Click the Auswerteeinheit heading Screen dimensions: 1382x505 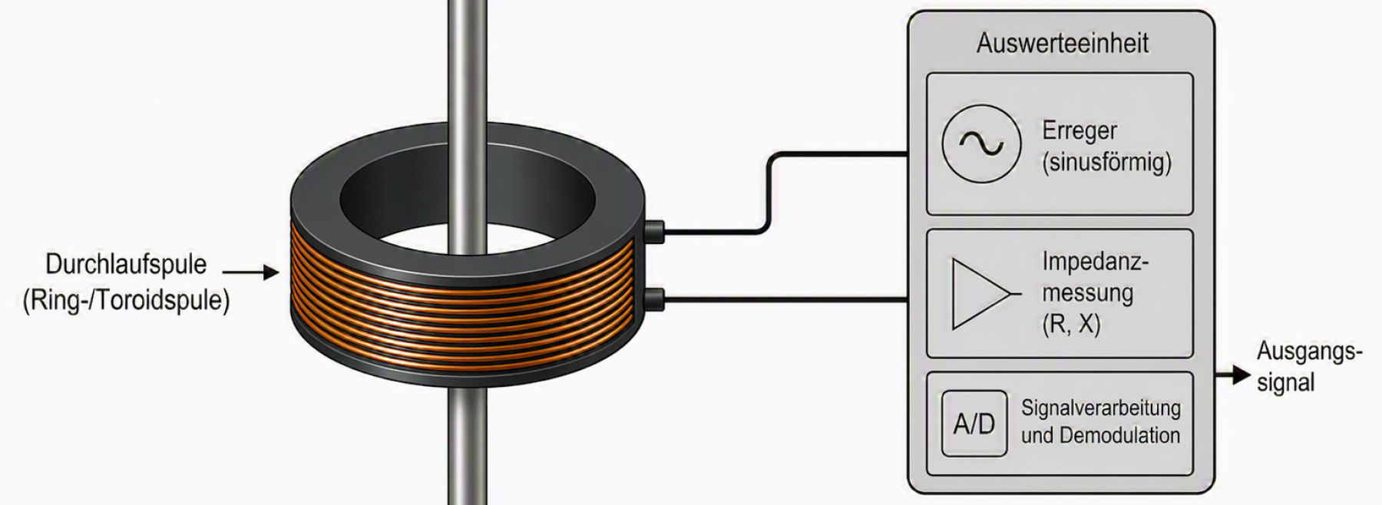point(1063,43)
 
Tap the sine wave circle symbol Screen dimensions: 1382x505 point(981,144)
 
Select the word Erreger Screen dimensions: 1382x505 point(1079,131)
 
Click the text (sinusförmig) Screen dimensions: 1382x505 point(1106,163)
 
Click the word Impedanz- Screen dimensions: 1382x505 point(1095,262)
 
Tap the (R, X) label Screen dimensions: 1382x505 point(1071,325)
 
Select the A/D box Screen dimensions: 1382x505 point(974,424)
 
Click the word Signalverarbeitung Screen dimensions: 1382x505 point(1100,408)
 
